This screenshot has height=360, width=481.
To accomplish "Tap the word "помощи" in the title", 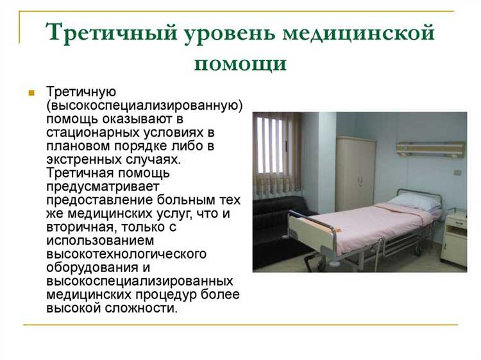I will [240, 64].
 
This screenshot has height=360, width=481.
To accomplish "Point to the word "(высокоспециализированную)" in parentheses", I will [144, 105].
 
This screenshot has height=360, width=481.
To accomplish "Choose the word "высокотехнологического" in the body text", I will [126, 253].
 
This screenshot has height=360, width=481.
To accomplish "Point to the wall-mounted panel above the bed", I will [430, 149].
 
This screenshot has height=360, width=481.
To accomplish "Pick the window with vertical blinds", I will [276, 148].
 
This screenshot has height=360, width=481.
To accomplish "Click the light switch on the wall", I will [457, 172].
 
